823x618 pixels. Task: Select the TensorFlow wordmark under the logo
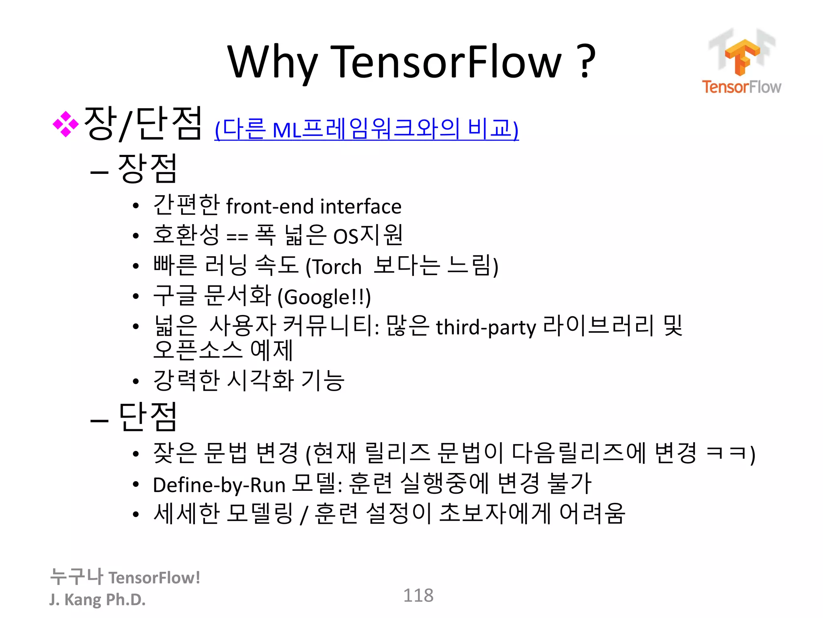[x=741, y=87]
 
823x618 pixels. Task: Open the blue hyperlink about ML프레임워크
[x=366, y=129]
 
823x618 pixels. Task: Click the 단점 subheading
[x=147, y=417]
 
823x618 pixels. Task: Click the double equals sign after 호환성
[x=237, y=237]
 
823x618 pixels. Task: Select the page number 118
[x=418, y=595]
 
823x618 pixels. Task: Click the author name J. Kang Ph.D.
[x=97, y=599]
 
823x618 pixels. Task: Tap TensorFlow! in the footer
[x=154, y=578]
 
